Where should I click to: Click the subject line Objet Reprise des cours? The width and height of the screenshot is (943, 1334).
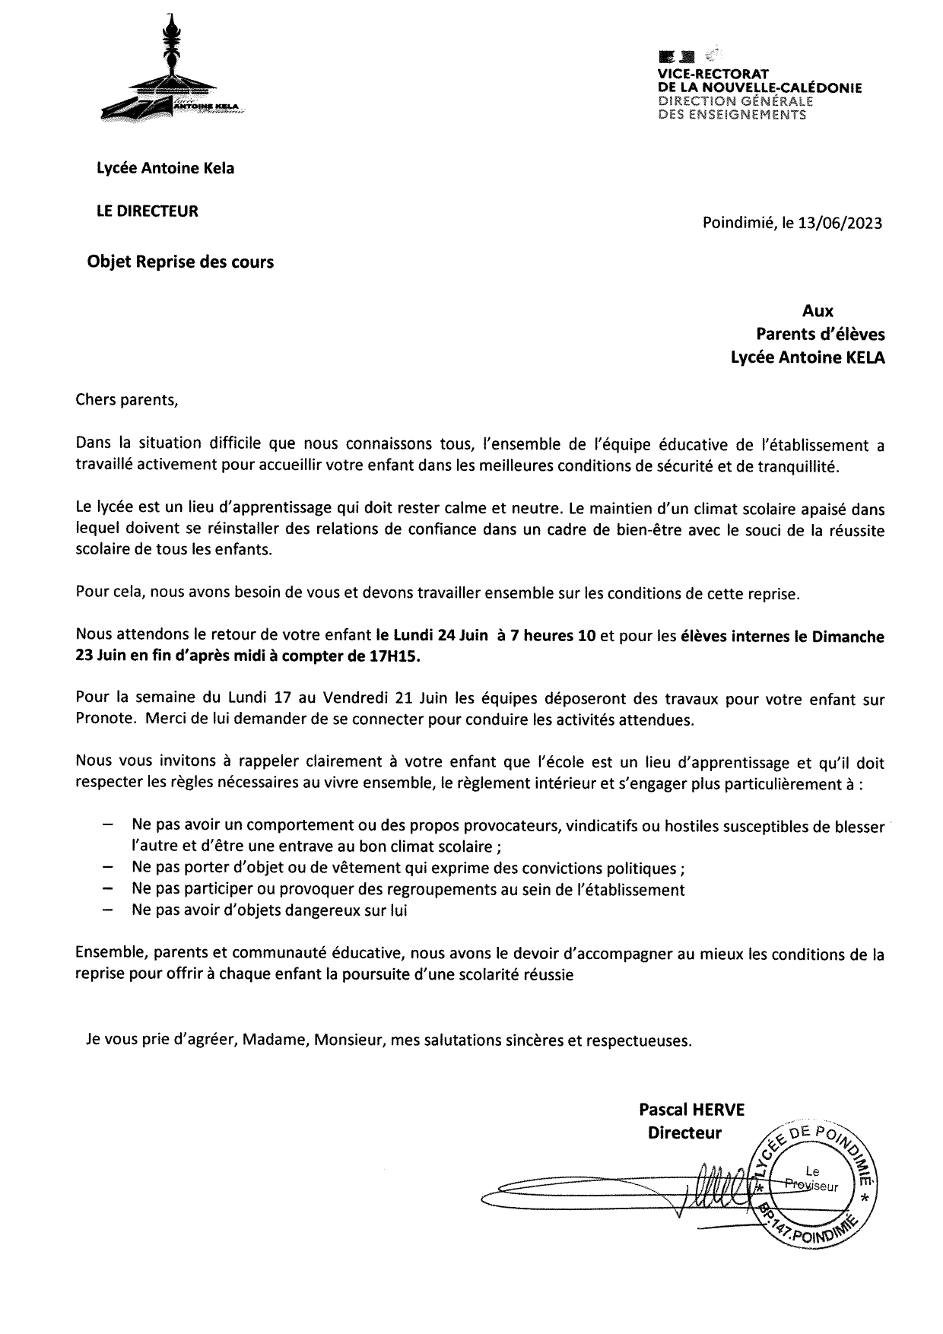[x=181, y=262]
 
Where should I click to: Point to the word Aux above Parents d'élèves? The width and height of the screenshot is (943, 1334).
[x=818, y=311]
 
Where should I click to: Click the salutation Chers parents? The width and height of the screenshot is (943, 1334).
[x=126, y=399]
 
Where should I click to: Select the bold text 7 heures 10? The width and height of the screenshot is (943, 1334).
[x=553, y=637]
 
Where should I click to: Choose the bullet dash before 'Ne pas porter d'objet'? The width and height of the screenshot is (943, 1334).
[x=107, y=868]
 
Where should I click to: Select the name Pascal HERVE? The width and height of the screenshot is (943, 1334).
[x=691, y=1110]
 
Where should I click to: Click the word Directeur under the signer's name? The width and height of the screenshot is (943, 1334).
[x=684, y=1133]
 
